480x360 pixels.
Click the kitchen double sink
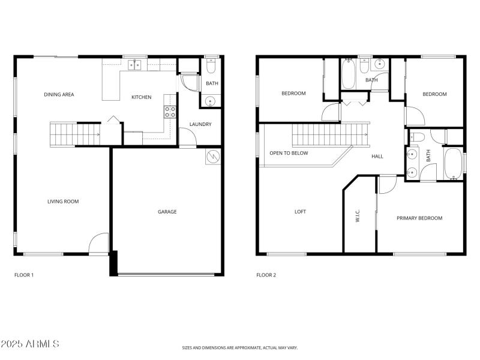click(x=135, y=65)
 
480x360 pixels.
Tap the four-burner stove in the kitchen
click(x=170, y=111)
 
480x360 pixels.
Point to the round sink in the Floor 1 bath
click(x=211, y=100)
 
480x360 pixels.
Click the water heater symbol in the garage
click(x=213, y=157)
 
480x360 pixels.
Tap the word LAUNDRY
click(x=200, y=125)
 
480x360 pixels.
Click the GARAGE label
click(x=167, y=211)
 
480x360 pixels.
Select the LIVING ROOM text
click(x=63, y=202)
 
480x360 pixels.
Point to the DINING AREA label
click(x=59, y=94)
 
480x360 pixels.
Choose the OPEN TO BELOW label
click(x=289, y=153)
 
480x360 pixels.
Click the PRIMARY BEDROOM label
click(x=419, y=218)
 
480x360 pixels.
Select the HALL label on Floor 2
click(x=377, y=157)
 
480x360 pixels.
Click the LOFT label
click(x=300, y=211)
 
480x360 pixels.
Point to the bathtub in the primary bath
click(x=453, y=163)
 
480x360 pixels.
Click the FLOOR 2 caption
click(x=266, y=275)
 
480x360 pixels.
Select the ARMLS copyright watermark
click(x=30, y=344)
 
